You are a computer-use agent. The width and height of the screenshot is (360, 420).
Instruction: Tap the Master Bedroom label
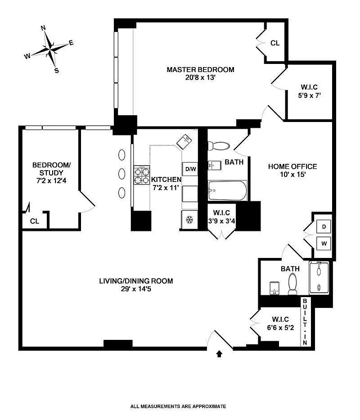201,69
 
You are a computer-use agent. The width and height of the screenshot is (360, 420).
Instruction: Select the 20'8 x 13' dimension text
201,77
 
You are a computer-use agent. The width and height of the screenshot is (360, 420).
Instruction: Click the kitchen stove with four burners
141,175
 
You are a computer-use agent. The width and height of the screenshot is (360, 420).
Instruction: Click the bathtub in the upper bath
228,191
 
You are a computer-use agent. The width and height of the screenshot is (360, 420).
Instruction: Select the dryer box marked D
324,226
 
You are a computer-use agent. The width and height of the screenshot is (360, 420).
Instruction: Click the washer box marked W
324,244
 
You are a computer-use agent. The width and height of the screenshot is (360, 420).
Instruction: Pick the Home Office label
292,166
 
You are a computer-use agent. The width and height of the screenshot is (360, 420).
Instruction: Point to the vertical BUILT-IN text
305,322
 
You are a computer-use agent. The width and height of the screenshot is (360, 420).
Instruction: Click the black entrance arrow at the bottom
220,354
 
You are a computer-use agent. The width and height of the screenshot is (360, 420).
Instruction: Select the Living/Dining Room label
136,281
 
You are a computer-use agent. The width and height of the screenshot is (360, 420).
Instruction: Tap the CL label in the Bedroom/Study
35,221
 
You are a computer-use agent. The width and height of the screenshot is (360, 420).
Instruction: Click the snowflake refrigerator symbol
189,221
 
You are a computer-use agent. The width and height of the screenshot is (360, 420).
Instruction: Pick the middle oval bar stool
121,173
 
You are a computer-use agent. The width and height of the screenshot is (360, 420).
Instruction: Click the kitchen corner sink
185,143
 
